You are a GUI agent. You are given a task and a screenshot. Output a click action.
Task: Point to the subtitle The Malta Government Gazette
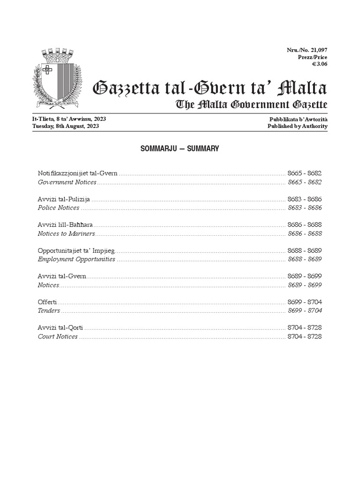coord(251,105)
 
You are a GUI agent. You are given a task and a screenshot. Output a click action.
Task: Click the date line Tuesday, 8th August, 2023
coord(66,126)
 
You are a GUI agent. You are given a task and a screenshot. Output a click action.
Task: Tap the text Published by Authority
coord(297,126)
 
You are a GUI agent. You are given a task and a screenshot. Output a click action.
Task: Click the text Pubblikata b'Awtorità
coord(298,119)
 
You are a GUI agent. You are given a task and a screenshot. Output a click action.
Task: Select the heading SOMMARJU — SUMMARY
coord(180,149)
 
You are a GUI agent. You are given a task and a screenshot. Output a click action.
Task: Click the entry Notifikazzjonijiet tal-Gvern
coord(77,173)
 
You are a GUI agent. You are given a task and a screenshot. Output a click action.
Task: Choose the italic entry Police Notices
coord(59,208)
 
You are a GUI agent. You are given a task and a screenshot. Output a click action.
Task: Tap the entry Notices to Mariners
coord(66,233)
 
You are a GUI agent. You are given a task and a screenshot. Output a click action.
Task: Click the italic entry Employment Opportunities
coord(76,259)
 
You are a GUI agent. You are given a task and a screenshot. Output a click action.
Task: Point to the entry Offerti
coord(47,302)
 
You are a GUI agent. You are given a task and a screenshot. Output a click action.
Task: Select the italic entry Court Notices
coord(58,337)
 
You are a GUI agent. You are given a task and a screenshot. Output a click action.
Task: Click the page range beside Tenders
coord(305,310)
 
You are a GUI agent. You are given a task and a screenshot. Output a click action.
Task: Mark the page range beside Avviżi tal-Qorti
coord(305,328)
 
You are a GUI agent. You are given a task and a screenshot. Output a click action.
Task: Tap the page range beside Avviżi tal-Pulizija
coord(305,199)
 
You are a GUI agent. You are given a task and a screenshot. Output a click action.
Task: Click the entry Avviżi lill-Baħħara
coord(65,225)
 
